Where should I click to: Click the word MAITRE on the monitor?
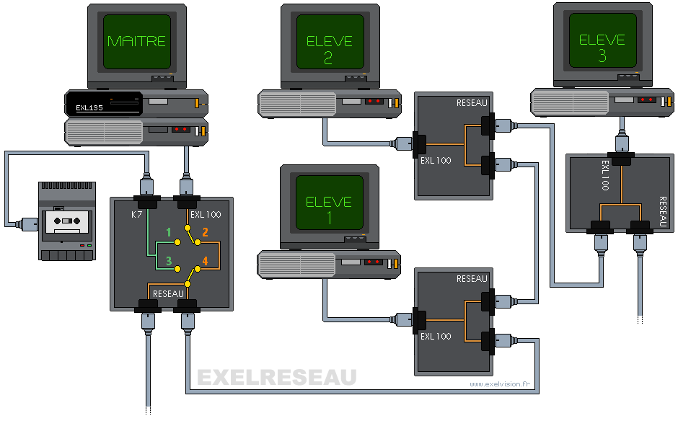coord(136,42)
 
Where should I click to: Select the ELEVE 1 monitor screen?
coord(328,203)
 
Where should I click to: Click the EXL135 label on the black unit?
coord(89,110)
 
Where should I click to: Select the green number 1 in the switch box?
coord(169,232)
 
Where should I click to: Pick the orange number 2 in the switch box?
coord(205,232)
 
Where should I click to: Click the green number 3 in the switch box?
coord(169,262)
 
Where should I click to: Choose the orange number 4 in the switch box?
coord(205,262)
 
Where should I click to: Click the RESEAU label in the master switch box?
coord(168,293)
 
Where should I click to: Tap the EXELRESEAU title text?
coord(277,377)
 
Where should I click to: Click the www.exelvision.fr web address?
coord(498,384)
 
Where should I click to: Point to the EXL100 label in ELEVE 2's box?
coord(436,160)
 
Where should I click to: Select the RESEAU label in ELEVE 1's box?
coord(472,278)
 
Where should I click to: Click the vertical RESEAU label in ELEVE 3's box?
coord(662,212)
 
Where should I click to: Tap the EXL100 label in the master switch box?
coord(206,214)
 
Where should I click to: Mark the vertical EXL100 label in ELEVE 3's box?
coord(604,175)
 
